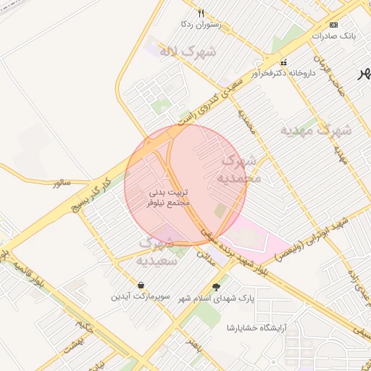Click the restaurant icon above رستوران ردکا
coord(201,13)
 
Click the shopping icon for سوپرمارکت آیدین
coord(141,285)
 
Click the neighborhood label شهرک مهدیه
coord(317,130)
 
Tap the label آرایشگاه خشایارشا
coord(257,328)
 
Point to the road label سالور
coord(62,183)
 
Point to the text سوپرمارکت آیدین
coord(140,297)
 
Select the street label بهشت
coord(72,345)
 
